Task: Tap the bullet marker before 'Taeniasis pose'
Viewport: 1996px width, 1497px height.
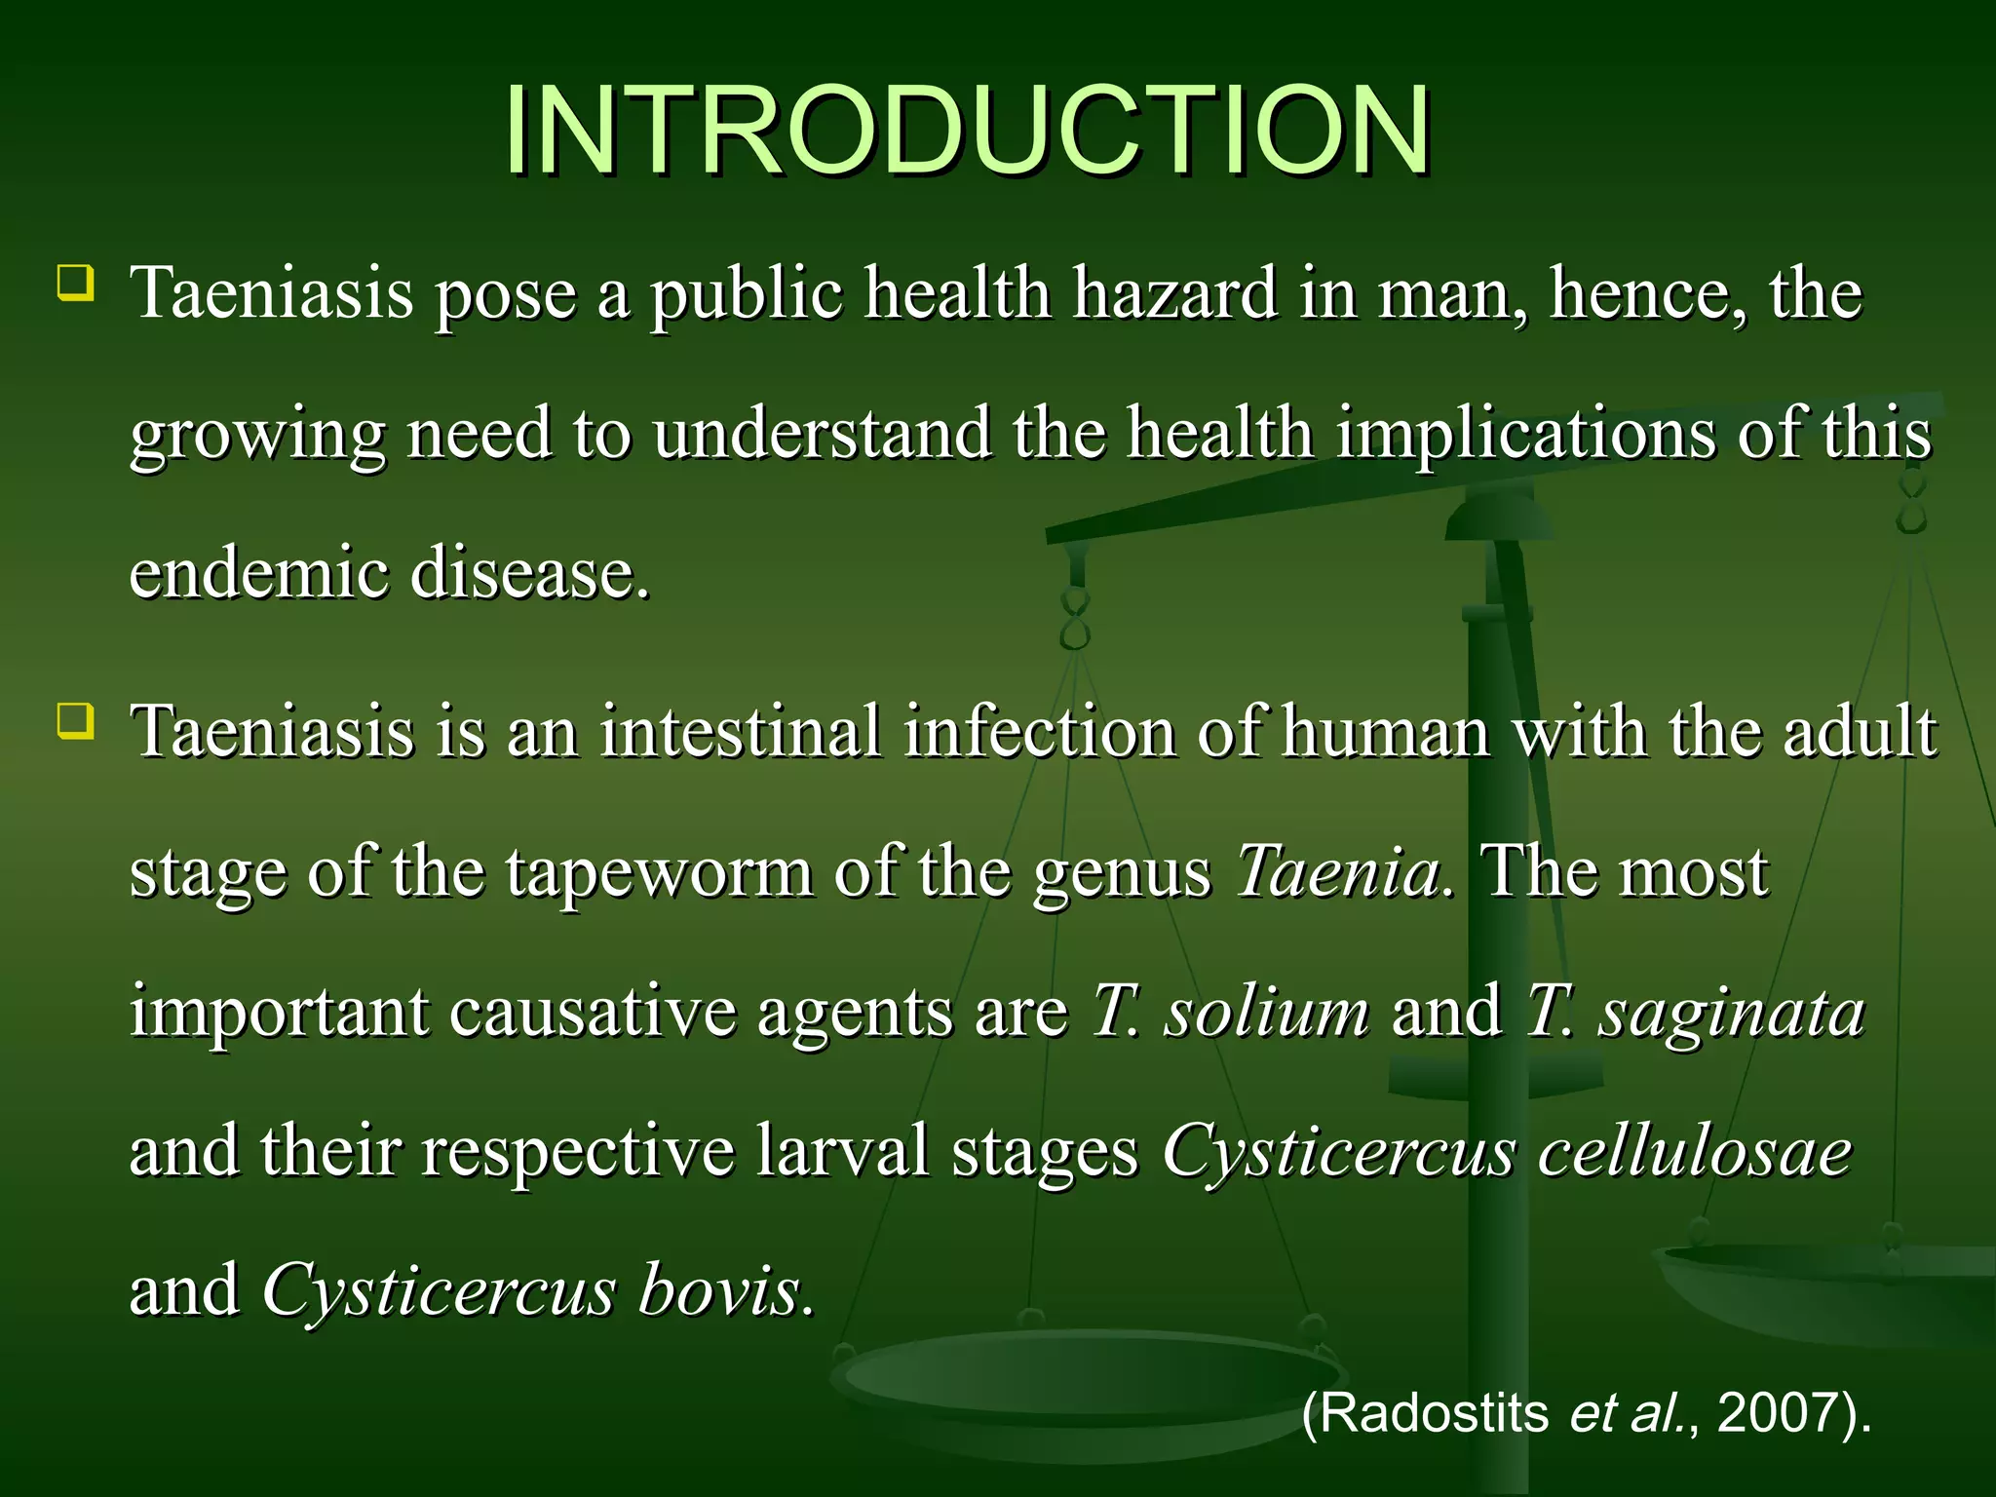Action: pos(76,283)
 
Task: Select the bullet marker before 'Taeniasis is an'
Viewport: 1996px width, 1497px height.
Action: pos(76,722)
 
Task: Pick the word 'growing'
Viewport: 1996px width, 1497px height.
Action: pos(257,437)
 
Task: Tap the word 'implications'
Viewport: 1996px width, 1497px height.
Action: pos(1525,435)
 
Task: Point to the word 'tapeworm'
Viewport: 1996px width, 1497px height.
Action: pos(660,873)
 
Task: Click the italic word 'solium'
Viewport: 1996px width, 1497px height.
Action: pos(1266,1012)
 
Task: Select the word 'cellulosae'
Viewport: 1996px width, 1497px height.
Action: pos(1694,1152)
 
